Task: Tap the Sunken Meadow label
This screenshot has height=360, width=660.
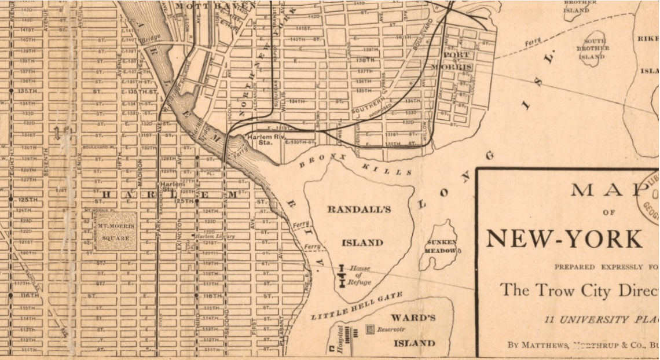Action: (x=442, y=247)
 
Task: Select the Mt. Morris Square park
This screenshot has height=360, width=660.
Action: (x=116, y=232)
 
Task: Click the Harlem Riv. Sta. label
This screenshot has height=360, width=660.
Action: (x=263, y=139)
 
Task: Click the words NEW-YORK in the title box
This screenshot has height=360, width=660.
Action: (x=563, y=238)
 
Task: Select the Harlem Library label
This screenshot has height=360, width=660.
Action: (x=215, y=237)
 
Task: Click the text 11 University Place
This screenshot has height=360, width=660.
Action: (x=602, y=319)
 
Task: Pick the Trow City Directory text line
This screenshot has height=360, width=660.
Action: (x=579, y=290)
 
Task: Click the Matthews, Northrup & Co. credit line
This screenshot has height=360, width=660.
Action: (x=582, y=345)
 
